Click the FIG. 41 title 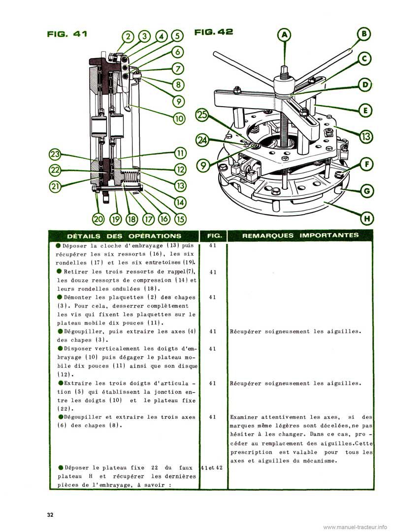[67, 33]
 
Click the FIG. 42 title [214, 32]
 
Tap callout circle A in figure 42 [284, 35]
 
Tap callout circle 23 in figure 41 [55, 155]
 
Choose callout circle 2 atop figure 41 [129, 36]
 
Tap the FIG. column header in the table [213, 236]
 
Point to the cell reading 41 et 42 [213, 468]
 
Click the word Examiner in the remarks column [246, 417]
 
